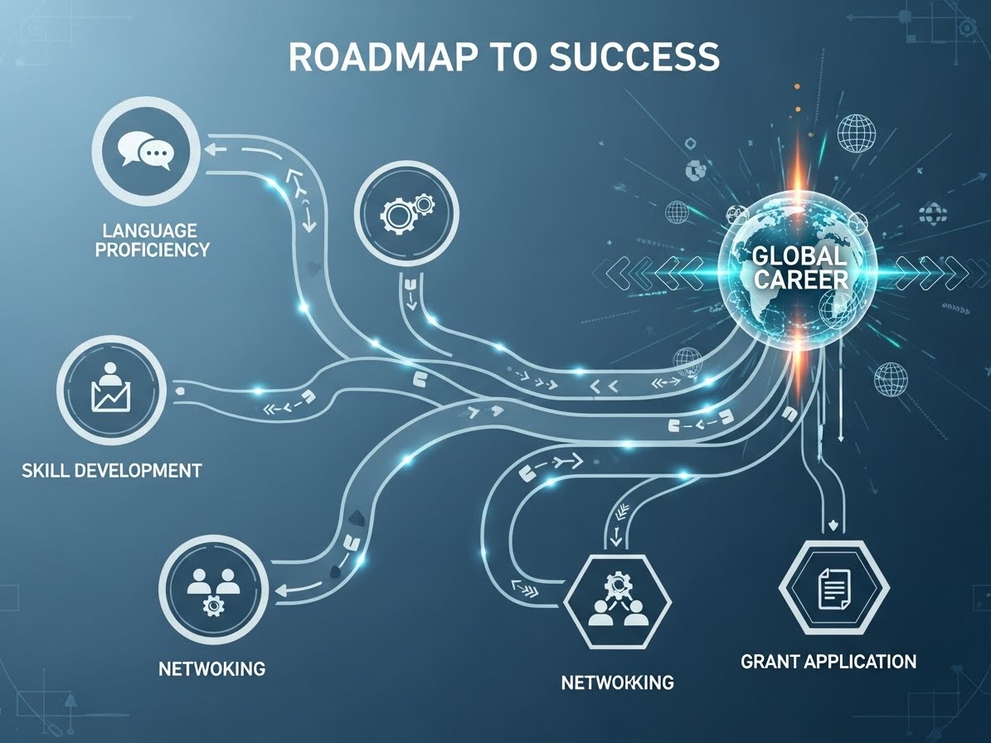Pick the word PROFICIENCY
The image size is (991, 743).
click(152, 250)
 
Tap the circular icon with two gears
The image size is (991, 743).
click(406, 211)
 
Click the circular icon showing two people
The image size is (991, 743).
click(213, 591)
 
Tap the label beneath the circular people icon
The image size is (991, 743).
click(212, 667)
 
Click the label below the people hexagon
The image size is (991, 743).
click(617, 682)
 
